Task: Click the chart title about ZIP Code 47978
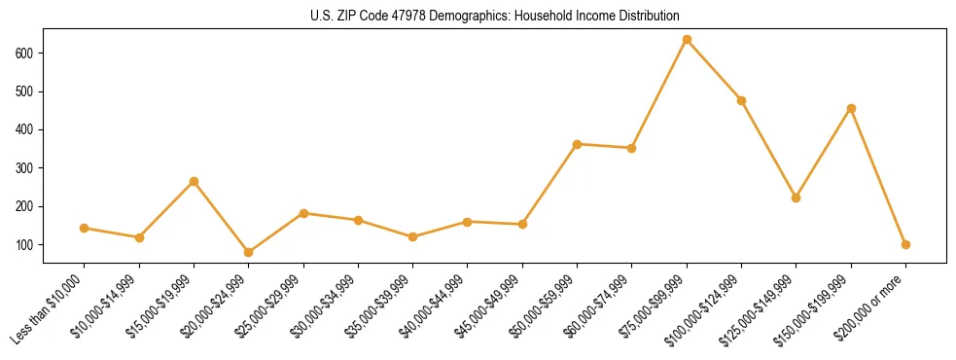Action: click(478, 16)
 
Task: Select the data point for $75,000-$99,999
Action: click(687, 40)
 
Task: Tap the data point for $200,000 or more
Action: click(905, 244)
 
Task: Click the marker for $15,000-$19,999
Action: click(194, 181)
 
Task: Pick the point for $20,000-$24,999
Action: click(249, 252)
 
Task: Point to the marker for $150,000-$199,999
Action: click(851, 108)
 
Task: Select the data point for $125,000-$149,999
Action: click(797, 198)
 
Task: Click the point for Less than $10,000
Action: click(85, 228)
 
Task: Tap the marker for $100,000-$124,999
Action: click(741, 100)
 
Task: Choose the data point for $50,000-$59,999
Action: click(578, 144)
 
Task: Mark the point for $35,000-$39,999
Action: click(413, 236)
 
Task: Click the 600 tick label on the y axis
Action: click(26, 53)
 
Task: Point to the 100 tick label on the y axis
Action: click(26, 244)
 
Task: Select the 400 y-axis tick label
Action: click(26, 129)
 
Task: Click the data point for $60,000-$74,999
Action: click(632, 148)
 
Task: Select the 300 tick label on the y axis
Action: click(26, 167)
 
